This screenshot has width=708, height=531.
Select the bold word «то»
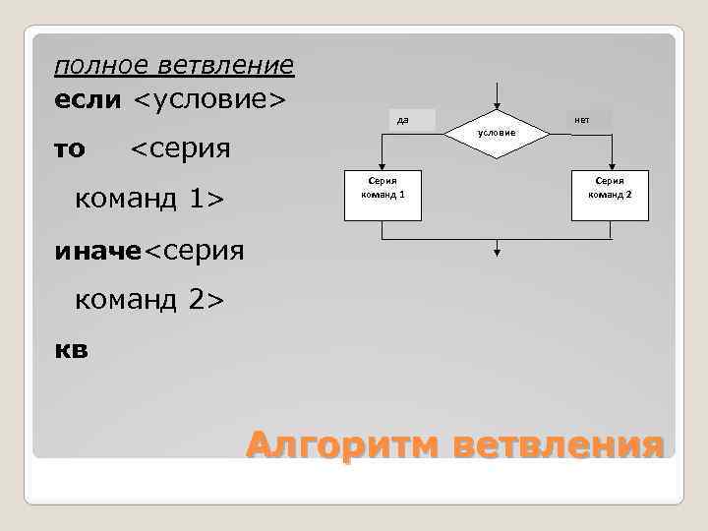(70, 149)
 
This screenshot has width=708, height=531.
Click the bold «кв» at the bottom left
(72, 349)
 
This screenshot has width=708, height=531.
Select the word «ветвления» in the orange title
(560, 444)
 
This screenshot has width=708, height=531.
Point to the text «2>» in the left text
(206, 300)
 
